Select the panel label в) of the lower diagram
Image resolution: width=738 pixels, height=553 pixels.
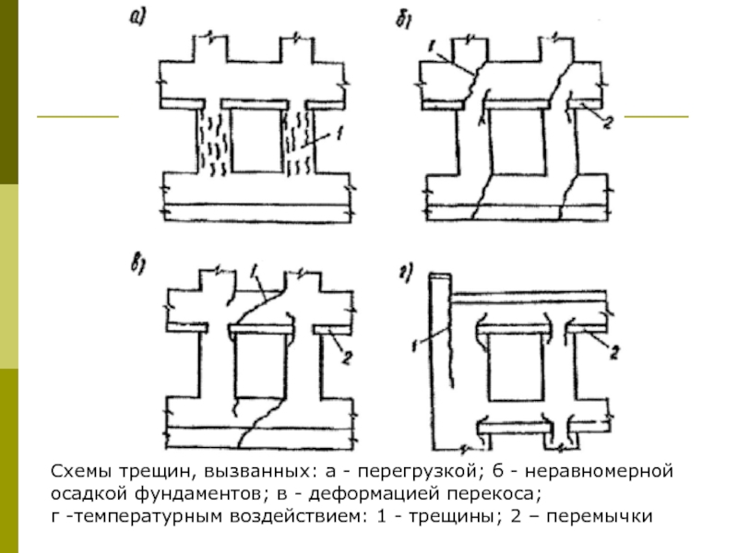coord(138,267)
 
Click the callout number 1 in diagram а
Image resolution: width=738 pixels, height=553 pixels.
coord(339,136)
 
